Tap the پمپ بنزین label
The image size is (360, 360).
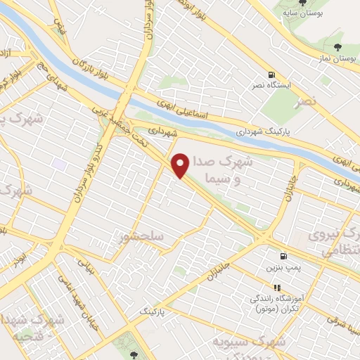click(282, 269)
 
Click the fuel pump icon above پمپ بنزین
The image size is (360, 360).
click(283, 257)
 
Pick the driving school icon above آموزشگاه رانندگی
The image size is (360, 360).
click(277, 288)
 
